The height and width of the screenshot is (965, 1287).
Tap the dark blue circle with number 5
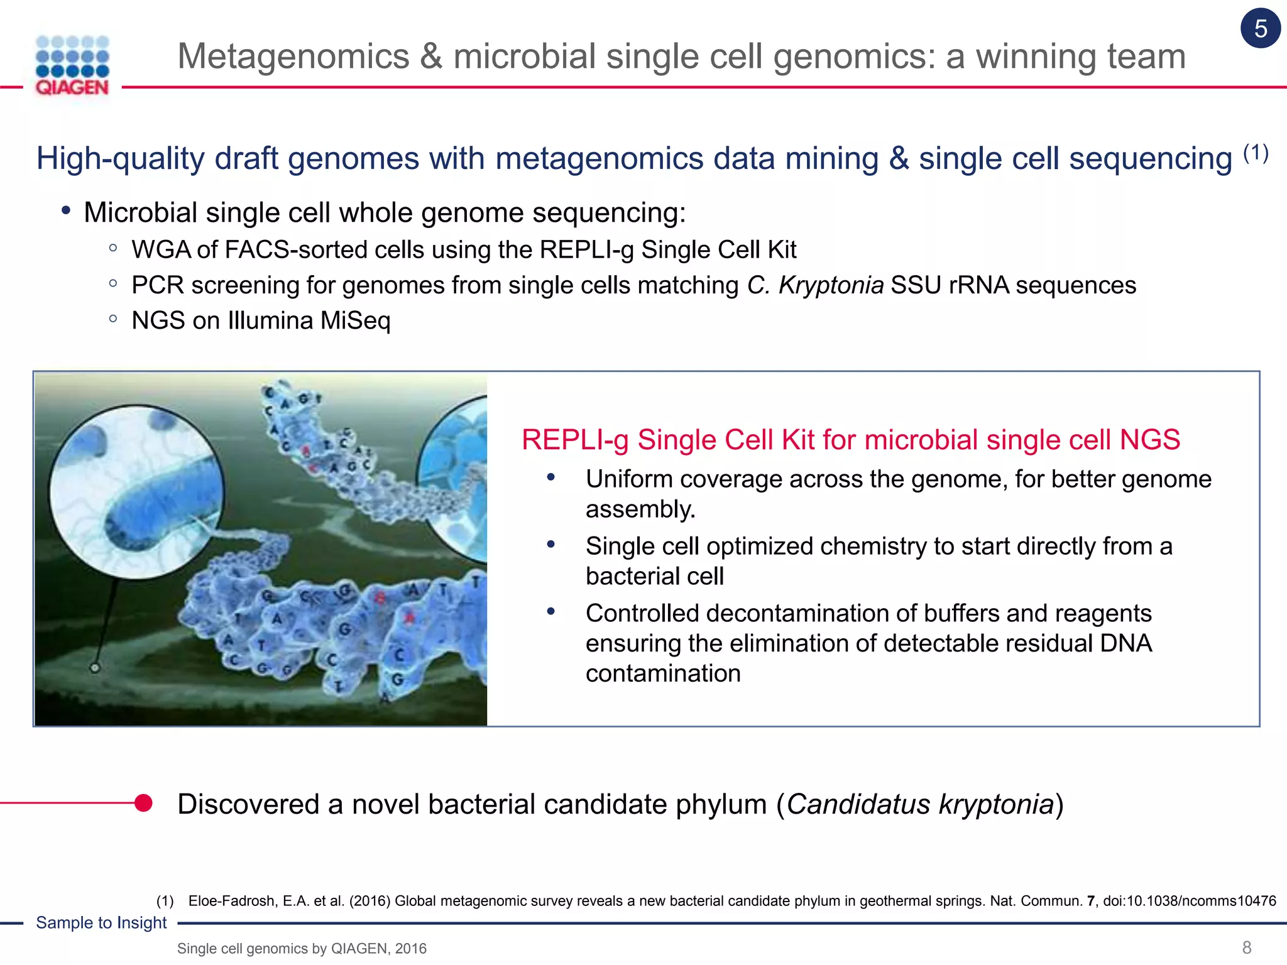pos(1260,29)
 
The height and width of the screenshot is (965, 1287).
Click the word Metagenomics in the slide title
pos(293,57)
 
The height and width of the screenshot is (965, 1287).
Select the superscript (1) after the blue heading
pos(1256,153)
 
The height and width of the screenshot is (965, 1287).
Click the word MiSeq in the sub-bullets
pos(355,321)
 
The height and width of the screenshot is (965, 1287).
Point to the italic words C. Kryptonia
pos(815,286)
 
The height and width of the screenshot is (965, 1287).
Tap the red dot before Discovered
pos(143,803)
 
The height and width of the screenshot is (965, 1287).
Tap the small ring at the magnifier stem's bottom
pos(95,668)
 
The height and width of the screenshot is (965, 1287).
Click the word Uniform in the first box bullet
pos(629,479)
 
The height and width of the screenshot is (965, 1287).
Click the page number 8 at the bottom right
pos(1247,947)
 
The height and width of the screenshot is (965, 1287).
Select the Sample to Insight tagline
pos(101,923)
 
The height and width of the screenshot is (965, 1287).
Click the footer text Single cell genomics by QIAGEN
pos(302,949)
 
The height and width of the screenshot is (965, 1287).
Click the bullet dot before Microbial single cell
pos(66,211)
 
